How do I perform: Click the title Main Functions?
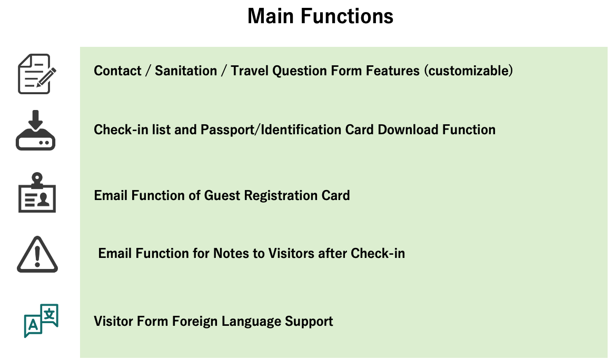click(x=320, y=16)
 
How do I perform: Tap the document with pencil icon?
click(x=37, y=74)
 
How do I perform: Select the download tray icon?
click(x=36, y=130)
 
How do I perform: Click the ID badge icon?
click(x=37, y=193)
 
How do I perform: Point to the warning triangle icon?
click(x=37, y=254)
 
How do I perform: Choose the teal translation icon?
click(x=41, y=321)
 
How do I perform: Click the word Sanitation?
click(x=186, y=71)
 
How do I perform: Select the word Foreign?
click(x=194, y=321)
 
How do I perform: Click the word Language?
click(x=251, y=322)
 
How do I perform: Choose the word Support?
click(x=309, y=322)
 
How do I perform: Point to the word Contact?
click(x=117, y=71)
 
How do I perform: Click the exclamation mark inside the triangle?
click(x=37, y=256)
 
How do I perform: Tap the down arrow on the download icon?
click(x=36, y=120)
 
